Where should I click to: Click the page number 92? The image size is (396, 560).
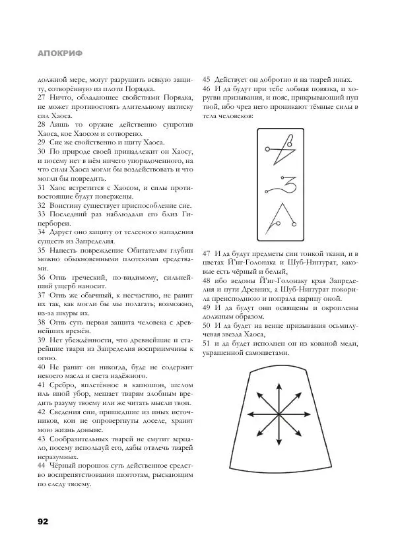click(x=44, y=521)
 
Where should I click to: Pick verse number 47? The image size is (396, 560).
click(x=207, y=254)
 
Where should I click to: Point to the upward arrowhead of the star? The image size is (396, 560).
click(x=279, y=380)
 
